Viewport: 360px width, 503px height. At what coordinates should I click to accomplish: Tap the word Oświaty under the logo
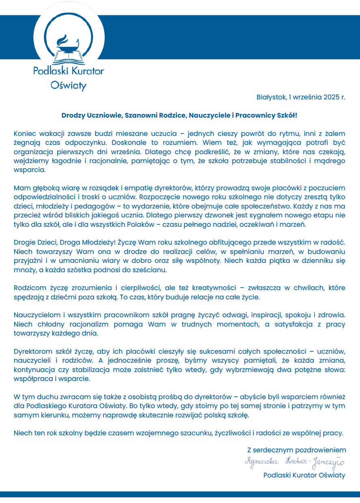pos(68,85)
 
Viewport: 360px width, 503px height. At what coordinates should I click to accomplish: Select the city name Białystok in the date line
pos(271,97)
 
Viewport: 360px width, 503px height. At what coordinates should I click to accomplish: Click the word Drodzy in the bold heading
pos(72,115)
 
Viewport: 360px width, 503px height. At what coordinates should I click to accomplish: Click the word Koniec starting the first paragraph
pos(25,133)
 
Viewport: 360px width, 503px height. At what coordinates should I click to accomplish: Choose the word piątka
pos(273,260)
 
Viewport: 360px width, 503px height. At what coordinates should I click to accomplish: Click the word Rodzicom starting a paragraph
pos(29,288)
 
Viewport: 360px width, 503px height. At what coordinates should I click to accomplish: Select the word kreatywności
pos(213,288)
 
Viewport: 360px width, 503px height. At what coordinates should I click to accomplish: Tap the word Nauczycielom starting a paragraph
pos(36,315)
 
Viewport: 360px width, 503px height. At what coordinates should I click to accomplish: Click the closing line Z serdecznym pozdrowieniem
pos(296,450)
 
